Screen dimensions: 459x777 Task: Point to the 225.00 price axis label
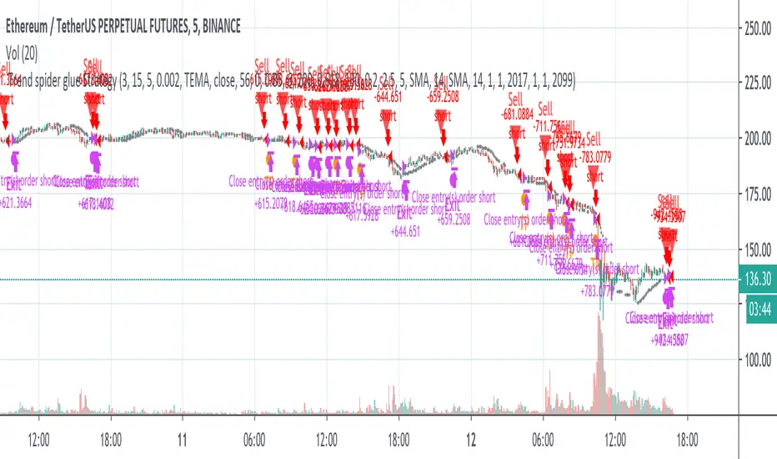(x=757, y=84)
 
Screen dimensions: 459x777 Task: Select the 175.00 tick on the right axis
(x=757, y=194)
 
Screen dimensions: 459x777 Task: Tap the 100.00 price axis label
(x=757, y=360)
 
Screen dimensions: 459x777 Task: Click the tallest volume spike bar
(x=598, y=367)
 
